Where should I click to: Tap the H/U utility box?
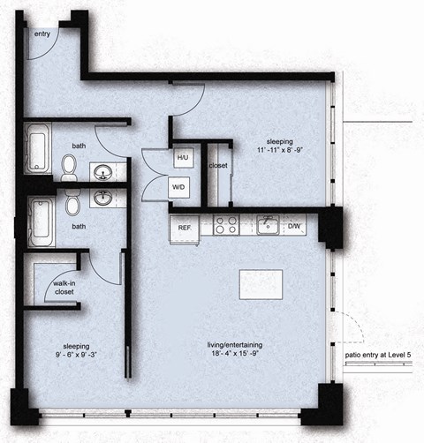[183, 158]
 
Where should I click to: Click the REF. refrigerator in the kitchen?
[185, 227]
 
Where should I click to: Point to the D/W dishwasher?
[295, 227]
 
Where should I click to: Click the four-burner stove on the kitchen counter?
[225, 226]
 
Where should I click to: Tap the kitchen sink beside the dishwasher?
[269, 225]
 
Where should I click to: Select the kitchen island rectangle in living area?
[261, 284]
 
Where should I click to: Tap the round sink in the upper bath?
[103, 170]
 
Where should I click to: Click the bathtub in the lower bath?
[39, 221]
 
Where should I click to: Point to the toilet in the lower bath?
[72, 206]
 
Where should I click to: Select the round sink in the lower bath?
[103, 197]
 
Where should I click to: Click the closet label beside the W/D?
[217, 165]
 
